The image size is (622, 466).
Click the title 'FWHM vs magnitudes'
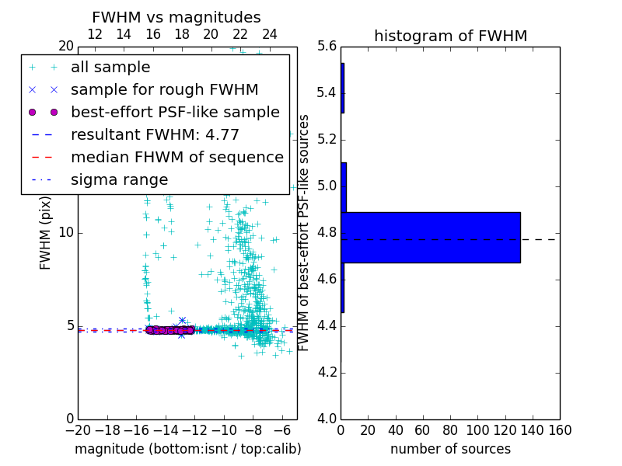point(176,17)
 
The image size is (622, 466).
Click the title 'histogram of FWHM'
point(450,36)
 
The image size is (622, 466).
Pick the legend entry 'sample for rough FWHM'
point(164,90)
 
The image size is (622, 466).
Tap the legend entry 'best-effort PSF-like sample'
point(175,113)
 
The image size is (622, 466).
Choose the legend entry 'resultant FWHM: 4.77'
point(155,135)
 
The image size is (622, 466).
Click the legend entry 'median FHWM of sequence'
point(176,158)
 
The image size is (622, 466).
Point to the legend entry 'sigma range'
point(119,180)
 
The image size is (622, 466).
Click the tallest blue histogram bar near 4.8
point(431,237)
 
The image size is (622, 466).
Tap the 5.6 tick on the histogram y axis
point(327,47)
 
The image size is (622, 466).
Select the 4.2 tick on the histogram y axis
point(327,372)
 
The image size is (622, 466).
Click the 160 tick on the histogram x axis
point(560,430)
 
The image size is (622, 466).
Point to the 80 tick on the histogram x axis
point(450,430)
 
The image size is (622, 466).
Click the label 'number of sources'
point(450,449)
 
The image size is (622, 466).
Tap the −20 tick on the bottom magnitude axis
point(78,430)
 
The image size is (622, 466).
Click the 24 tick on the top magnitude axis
point(270,34)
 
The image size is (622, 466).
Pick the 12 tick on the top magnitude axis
point(95,34)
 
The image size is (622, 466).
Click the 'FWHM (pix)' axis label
point(46,233)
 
